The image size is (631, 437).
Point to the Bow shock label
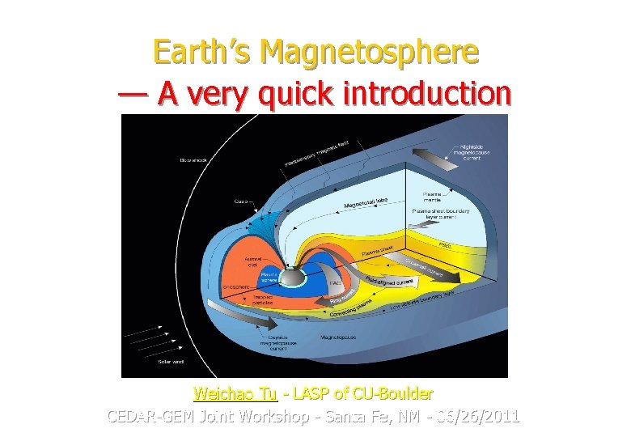(x=193, y=160)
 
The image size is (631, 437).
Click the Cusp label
(x=241, y=202)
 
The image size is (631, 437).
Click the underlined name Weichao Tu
(x=235, y=394)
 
